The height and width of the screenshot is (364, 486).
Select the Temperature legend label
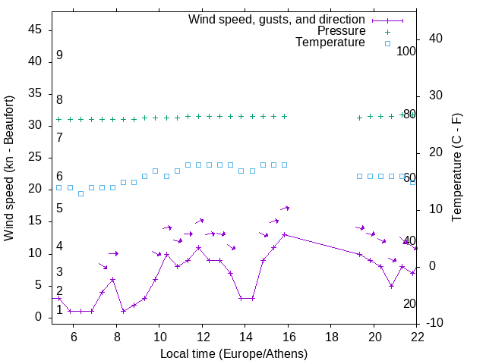pos(330,42)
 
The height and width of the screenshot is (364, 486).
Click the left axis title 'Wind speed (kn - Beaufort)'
pos(9,168)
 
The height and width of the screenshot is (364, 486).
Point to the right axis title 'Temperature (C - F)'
pos(456,168)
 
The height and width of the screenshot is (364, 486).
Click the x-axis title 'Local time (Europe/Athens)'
pos(234,353)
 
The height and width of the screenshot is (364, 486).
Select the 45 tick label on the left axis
pos(35,29)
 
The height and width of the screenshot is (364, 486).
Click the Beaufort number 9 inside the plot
pos(59,55)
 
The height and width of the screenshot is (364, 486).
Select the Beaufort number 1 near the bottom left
pos(59,310)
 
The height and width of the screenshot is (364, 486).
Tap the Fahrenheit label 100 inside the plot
pos(406,51)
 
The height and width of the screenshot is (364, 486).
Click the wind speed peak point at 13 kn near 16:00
pos(284,234)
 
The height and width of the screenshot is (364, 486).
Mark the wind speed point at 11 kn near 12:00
pos(198,247)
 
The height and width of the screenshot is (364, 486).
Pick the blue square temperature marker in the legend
pos(387,43)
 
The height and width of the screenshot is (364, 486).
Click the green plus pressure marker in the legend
pos(387,32)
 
